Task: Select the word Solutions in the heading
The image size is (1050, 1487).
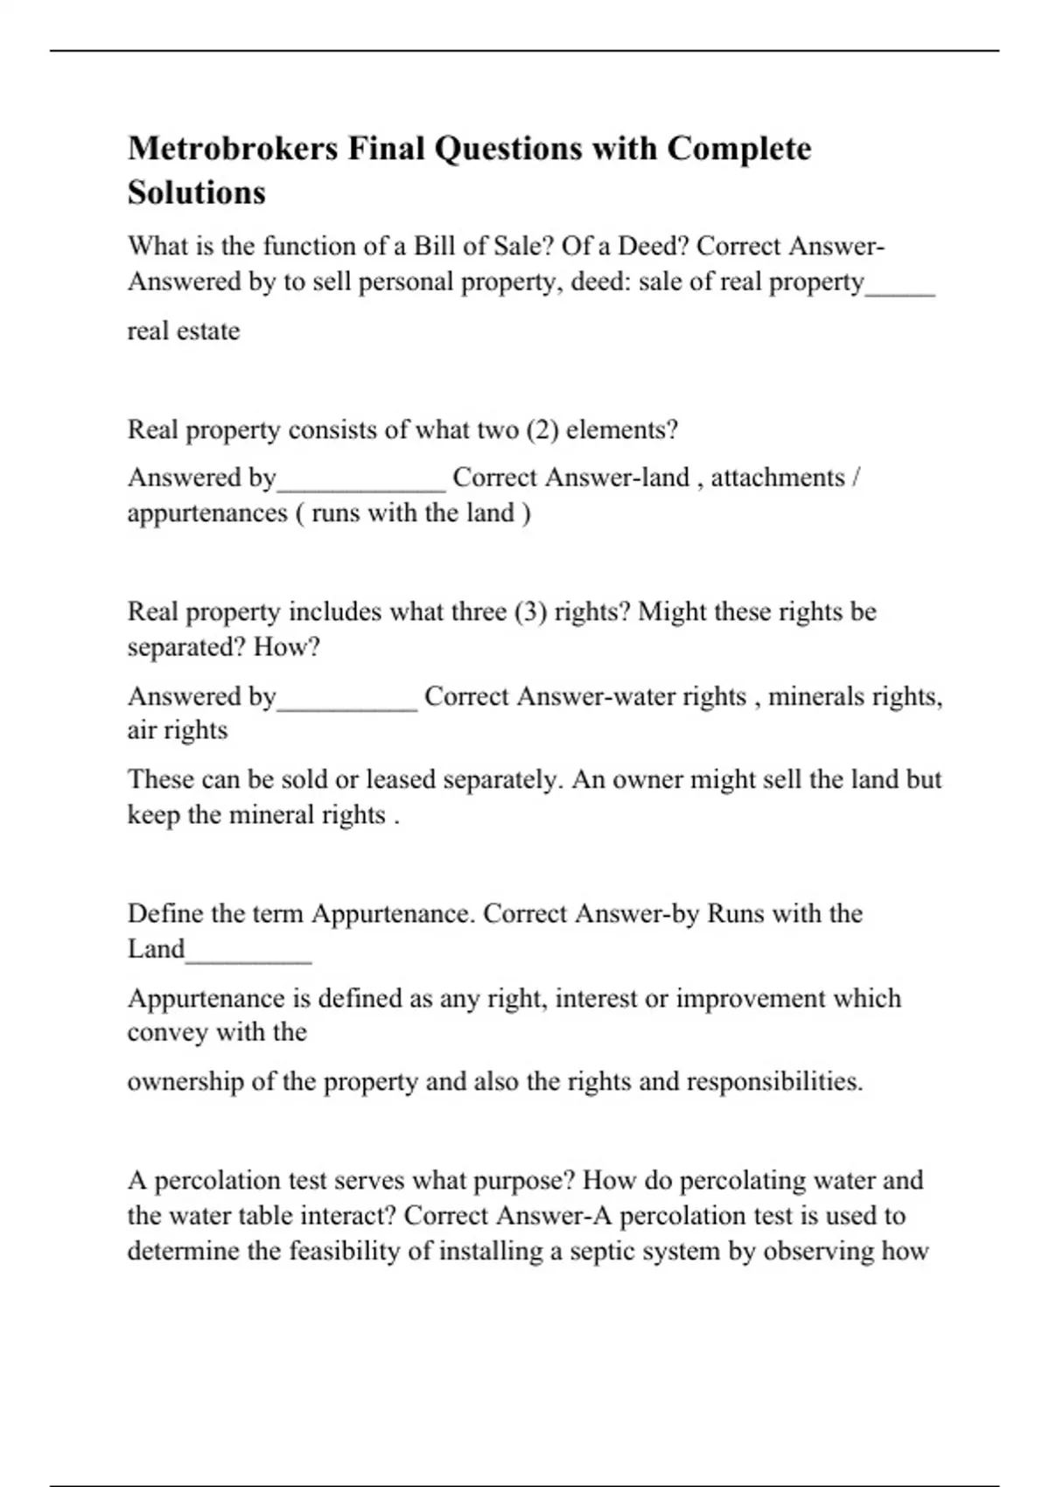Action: point(197,192)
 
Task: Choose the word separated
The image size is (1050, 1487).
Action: point(186,647)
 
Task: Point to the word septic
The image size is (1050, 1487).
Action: point(603,1251)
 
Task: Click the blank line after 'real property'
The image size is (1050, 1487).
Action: point(900,292)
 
